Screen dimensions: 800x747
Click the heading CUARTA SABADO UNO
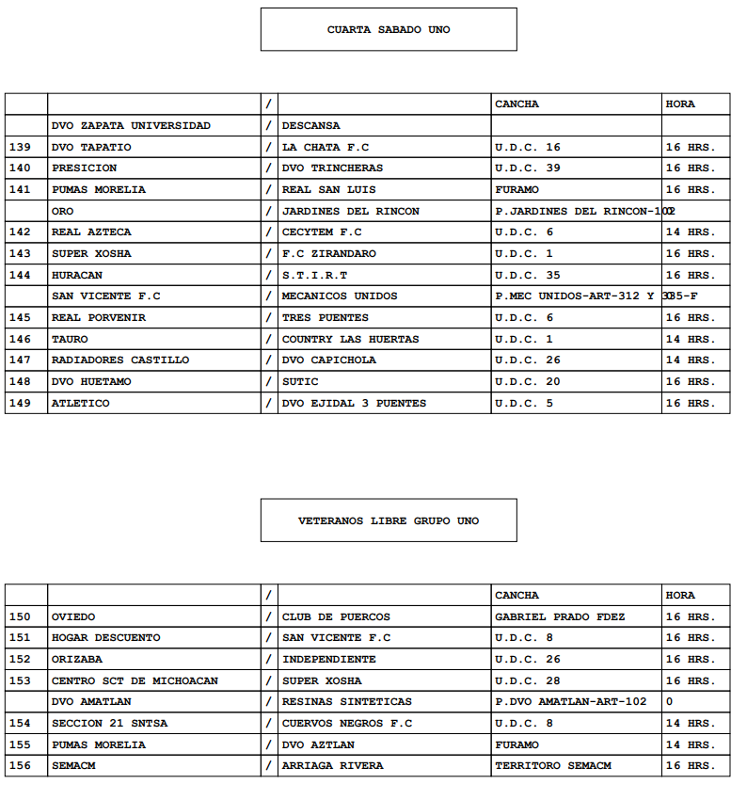pyautogui.click(x=389, y=29)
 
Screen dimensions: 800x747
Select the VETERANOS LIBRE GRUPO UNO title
pyautogui.click(x=389, y=520)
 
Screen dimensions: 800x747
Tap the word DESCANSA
pyautogui.click(x=311, y=125)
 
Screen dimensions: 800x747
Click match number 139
pyautogui.click(x=19, y=147)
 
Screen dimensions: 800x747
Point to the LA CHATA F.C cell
pyautogui.click(x=326, y=147)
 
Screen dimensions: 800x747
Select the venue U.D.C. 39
pyautogui.click(x=528, y=168)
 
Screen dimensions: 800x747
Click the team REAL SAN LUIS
pyautogui.click(x=328, y=189)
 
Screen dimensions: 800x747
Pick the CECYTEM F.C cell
pyautogui.click(x=322, y=232)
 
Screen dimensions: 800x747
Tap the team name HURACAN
pyautogui.click(x=77, y=275)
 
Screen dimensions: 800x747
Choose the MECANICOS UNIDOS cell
pyautogui.click(x=340, y=296)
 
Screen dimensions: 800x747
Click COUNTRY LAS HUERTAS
pyautogui.click(x=351, y=339)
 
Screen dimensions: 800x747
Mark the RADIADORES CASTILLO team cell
pyautogui.click(x=120, y=360)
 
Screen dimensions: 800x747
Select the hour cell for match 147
pyautogui.click(x=690, y=360)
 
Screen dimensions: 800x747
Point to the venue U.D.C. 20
pyautogui.click(x=528, y=381)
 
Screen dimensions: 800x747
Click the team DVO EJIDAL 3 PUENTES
pyautogui.click(x=354, y=403)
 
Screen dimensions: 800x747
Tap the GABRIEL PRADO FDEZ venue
pyautogui.click(x=560, y=616)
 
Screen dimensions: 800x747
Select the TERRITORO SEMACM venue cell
pyautogui.click(x=553, y=765)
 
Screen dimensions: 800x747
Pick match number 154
pyautogui.click(x=19, y=723)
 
